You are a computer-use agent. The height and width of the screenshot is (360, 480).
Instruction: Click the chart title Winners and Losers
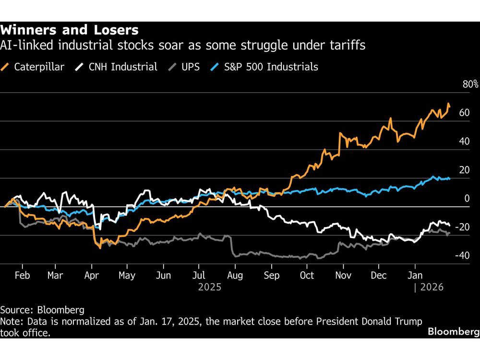pos(70,30)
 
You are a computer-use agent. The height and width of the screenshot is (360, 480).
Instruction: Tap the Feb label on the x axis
pos(22,276)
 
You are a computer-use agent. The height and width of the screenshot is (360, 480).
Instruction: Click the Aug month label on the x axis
pos(235,276)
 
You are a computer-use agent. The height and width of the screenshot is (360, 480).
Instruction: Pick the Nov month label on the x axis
pos(343,276)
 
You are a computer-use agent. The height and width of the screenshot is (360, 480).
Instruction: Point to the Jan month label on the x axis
pos(415,276)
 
